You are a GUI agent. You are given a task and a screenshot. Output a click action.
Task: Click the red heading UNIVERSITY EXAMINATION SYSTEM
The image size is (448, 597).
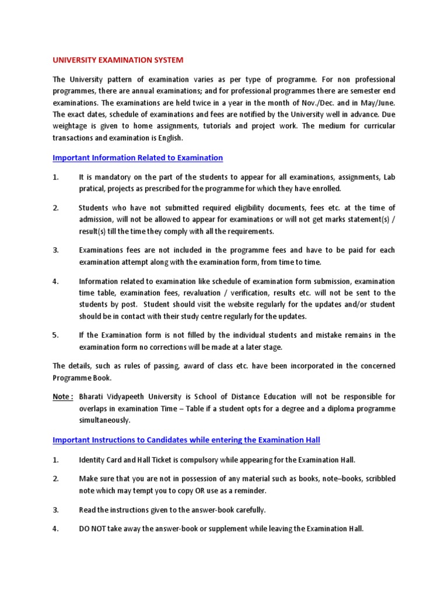(118, 60)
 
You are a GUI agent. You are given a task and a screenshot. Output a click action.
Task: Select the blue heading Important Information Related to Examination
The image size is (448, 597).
(138, 157)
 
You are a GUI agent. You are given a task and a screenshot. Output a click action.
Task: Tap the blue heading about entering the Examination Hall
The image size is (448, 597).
(187, 439)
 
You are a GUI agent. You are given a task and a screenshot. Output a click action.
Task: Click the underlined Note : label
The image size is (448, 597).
(63, 396)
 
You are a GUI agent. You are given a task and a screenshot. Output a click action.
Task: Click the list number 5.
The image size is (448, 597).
(56, 335)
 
